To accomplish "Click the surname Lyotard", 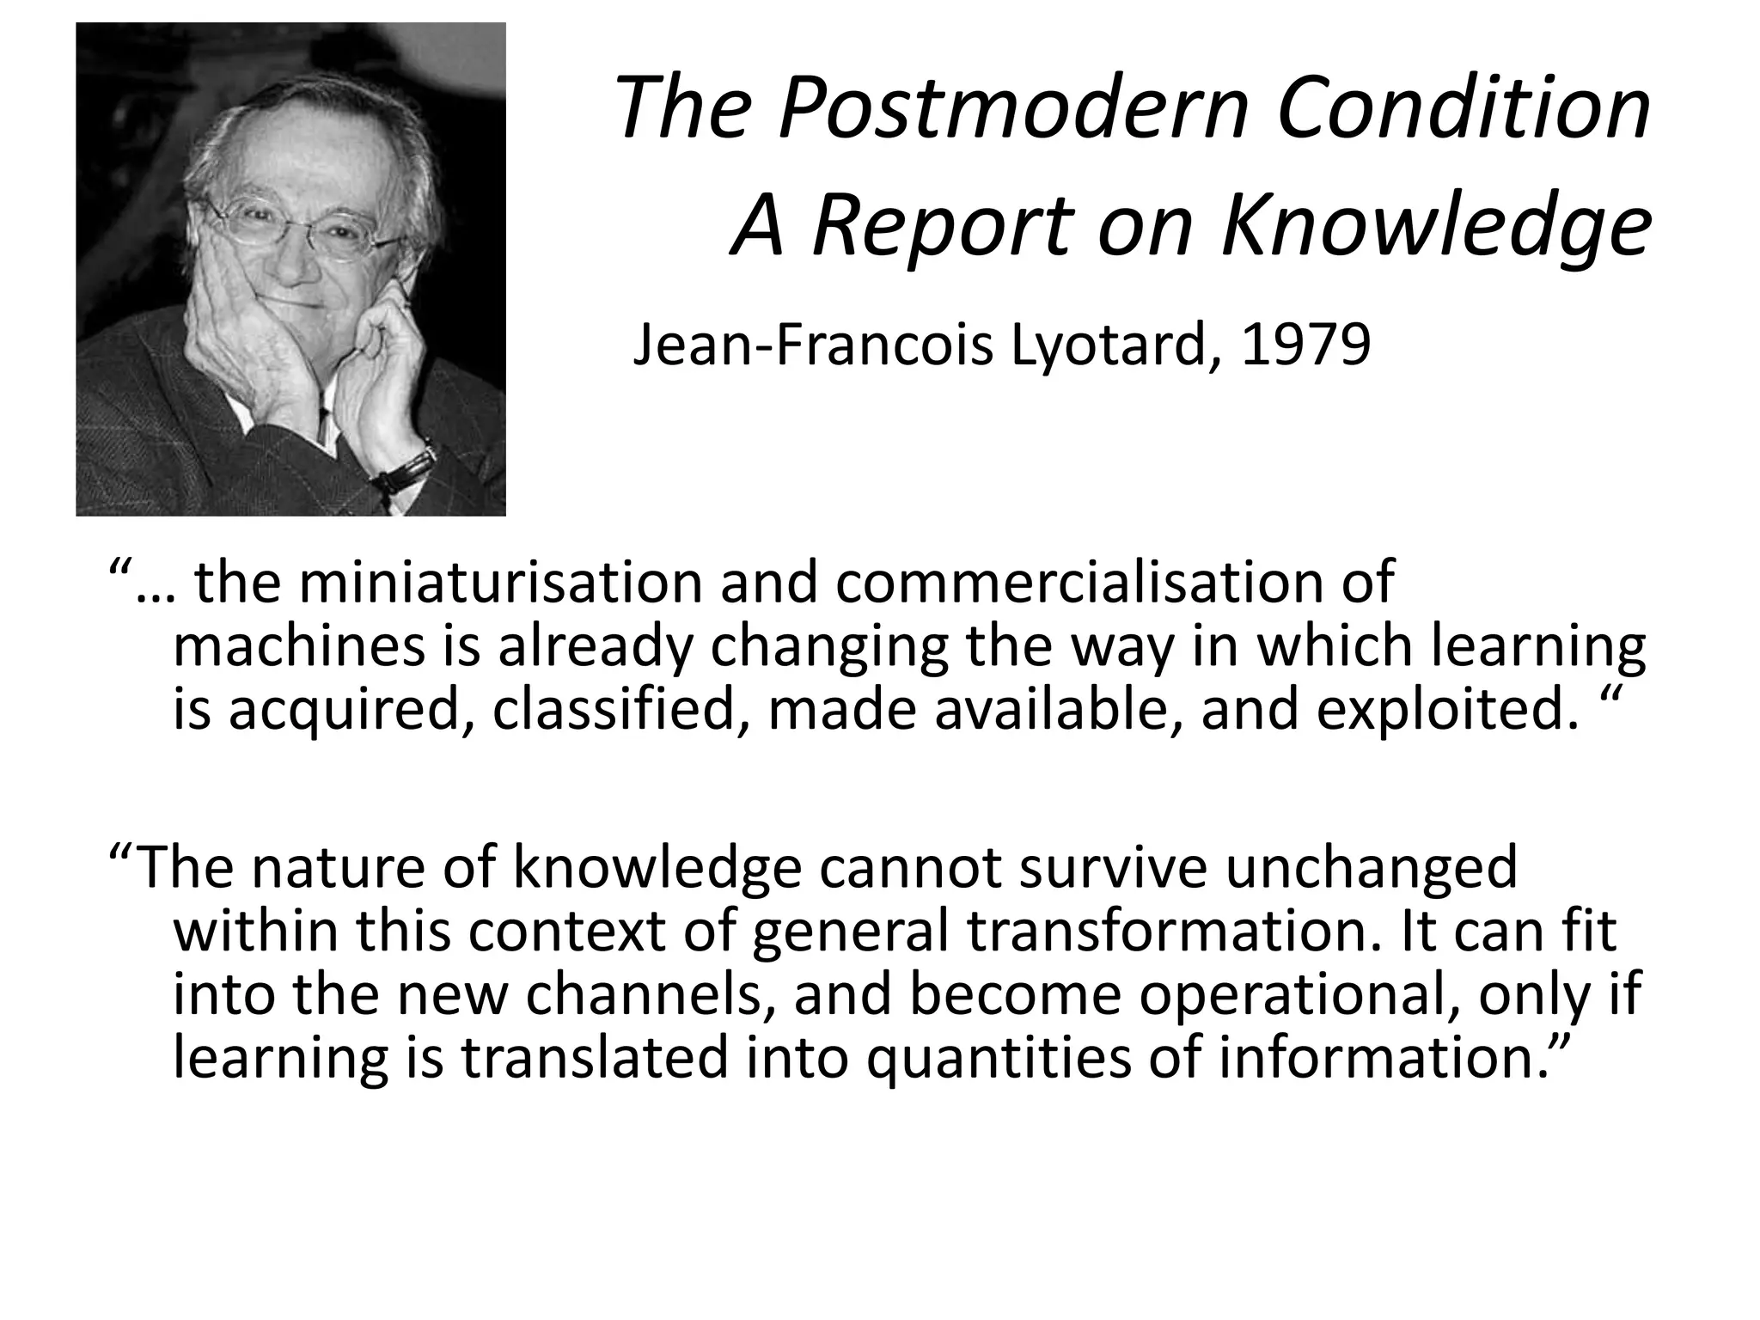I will point(1114,346).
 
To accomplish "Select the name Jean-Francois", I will point(812,346).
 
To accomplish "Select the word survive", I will point(1112,867).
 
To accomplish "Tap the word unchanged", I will point(1372,867).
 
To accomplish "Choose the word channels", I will point(644,994).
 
